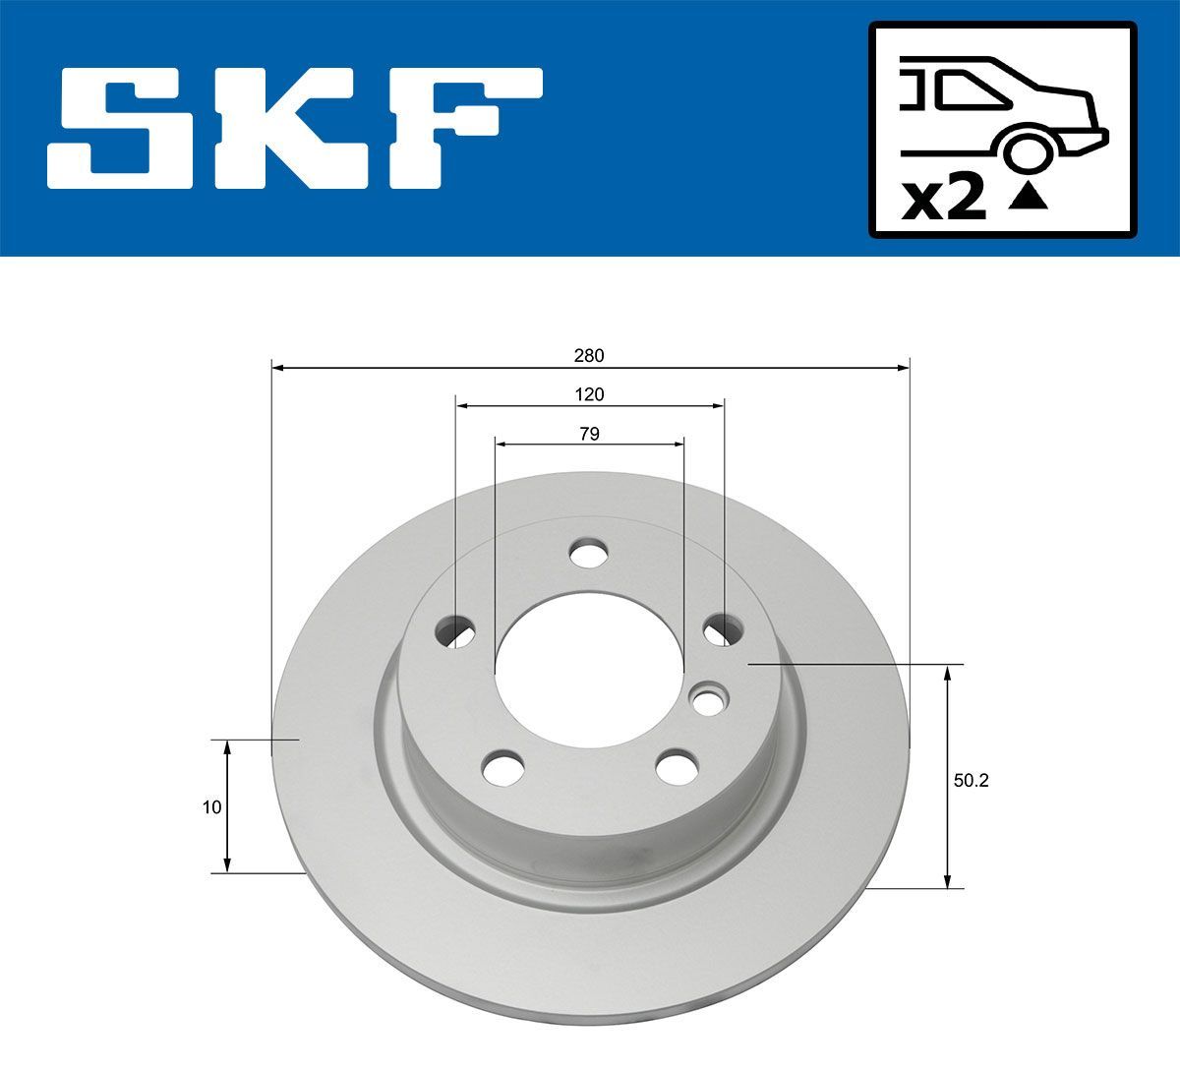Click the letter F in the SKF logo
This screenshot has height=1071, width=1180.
pos(462,128)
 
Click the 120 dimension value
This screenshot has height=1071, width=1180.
pos(589,394)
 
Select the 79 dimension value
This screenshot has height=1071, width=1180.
pos(589,434)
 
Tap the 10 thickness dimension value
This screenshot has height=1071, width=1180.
pos(210,807)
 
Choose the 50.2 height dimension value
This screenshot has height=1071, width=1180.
pos(970,781)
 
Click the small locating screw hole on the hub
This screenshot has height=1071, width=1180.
pos(708,699)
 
